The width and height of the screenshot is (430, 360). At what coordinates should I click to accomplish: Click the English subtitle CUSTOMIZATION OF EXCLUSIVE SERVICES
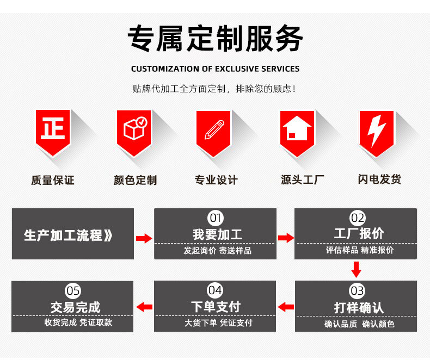click(215, 69)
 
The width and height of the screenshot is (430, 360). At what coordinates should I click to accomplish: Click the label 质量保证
click(53, 180)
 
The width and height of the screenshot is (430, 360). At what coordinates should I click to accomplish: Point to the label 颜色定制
click(134, 180)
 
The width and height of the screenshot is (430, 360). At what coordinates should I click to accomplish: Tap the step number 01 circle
click(216, 218)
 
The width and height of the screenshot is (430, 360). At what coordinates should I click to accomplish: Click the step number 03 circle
click(357, 291)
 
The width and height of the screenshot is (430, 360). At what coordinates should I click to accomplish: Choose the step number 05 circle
click(73, 290)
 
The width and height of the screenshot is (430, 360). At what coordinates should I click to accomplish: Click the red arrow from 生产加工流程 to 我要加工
click(144, 238)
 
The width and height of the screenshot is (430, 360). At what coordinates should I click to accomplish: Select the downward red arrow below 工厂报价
click(356, 269)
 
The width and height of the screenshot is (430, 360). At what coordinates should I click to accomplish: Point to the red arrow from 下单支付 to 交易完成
click(144, 307)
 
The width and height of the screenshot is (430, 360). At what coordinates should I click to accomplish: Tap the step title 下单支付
click(216, 306)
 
